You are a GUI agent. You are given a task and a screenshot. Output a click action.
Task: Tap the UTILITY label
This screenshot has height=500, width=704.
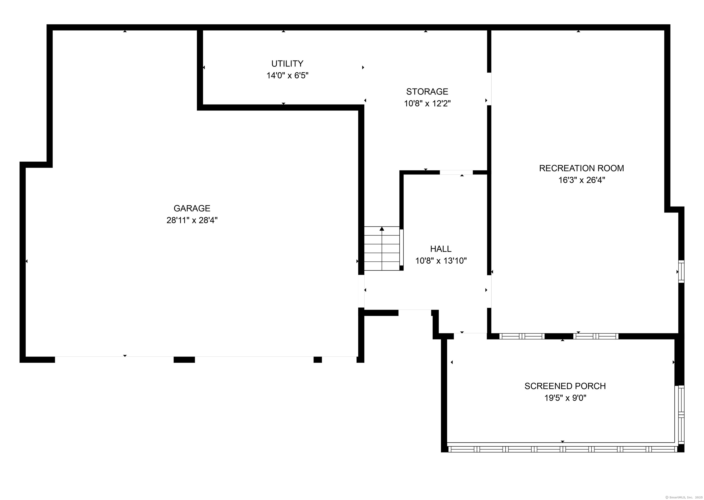(287, 64)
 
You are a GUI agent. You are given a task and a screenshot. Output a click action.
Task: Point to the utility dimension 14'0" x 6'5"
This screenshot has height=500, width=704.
(287, 75)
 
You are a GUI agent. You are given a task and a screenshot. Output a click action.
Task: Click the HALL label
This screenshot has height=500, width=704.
(441, 249)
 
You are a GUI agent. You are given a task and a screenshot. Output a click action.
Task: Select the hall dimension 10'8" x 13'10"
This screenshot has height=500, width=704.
(441, 261)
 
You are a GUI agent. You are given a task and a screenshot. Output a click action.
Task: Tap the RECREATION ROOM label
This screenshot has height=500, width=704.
(581, 169)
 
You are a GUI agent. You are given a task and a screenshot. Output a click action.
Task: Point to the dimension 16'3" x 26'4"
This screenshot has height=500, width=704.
(581, 180)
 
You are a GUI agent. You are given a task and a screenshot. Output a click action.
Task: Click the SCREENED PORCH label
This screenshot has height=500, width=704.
(565, 386)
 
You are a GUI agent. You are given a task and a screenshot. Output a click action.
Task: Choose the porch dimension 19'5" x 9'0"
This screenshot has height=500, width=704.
(565, 398)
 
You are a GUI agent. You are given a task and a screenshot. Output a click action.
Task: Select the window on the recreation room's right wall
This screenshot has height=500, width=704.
(681, 272)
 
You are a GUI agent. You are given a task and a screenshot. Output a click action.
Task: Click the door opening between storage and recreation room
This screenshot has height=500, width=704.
(489, 89)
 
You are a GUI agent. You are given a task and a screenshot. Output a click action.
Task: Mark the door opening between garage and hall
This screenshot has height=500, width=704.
(361, 291)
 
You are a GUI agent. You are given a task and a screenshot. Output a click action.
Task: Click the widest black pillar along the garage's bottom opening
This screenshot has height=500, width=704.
(184, 360)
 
